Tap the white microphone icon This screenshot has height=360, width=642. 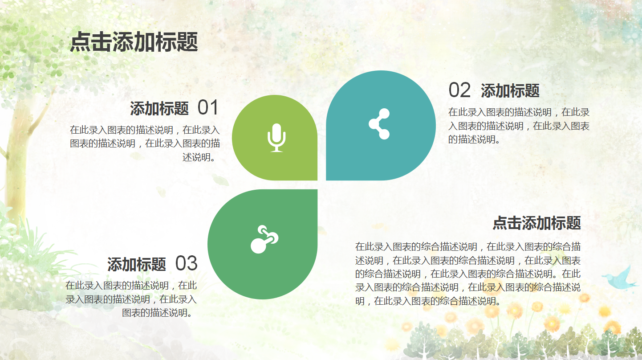pos(276,137)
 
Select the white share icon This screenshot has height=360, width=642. pos(379,124)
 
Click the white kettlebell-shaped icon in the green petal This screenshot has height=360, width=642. pos(264,240)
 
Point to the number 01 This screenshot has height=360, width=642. pos(208,108)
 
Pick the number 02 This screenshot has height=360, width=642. pos(459,90)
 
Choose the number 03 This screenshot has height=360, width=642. pos(186,264)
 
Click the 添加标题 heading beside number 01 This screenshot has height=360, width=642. pos(159,109)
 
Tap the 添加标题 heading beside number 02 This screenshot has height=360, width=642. pos(510,91)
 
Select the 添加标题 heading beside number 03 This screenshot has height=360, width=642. pos(137,265)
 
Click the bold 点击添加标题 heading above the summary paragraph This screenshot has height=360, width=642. pos(536,223)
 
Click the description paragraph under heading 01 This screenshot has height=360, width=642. pos(145,143)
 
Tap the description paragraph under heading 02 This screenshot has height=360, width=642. pos(519,126)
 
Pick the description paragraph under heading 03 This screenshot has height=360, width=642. pos(131,299)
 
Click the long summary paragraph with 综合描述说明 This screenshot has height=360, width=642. pos(467,274)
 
